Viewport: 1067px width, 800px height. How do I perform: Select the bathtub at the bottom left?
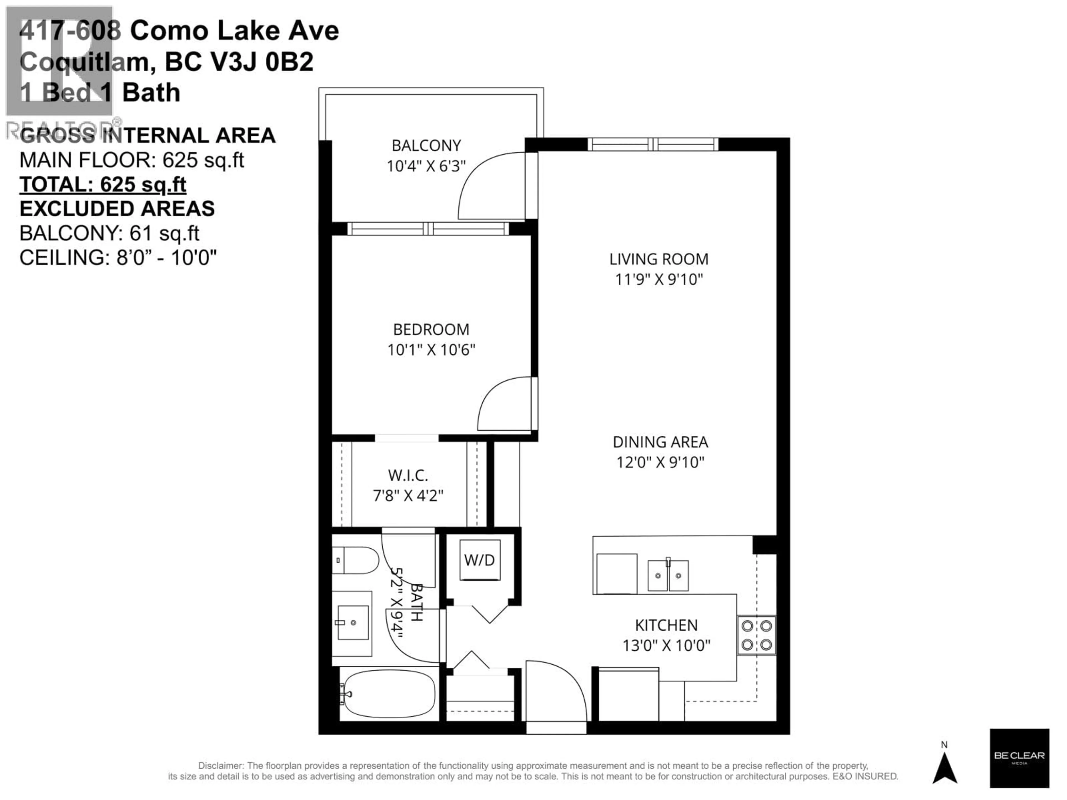(389, 694)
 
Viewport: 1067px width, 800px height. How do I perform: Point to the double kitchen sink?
(668, 575)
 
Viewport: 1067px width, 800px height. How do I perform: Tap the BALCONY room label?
(426, 145)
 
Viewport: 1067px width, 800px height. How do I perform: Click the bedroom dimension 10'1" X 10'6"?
(431, 350)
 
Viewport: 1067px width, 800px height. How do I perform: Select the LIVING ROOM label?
(659, 259)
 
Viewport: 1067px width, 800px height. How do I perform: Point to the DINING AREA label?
(660, 442)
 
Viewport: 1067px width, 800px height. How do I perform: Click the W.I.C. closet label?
(408, 476)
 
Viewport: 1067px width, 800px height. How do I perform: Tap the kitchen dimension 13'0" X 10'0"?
(666, 645)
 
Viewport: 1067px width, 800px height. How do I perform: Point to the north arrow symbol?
(944, 767)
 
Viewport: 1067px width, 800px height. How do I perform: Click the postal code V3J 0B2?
(264, 62)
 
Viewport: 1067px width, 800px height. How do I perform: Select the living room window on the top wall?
(652, 144)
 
